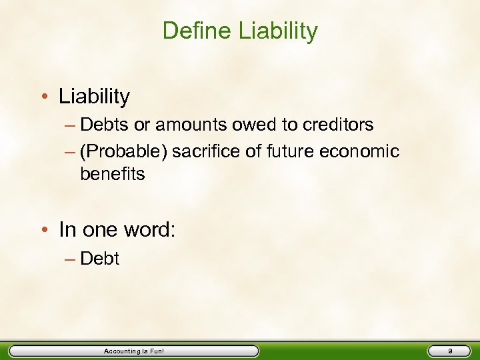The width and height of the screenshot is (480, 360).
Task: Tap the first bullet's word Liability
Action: pyautogui.click(x=94, y=97)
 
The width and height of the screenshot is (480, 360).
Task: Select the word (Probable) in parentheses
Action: pyautogui.click(x=123, y=152)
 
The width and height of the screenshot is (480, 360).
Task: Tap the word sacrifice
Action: pyautogui.click(x=203, y=152)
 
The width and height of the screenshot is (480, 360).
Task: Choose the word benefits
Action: pyautogui.click(x=112, y=174)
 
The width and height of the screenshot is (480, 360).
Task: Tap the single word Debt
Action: pyautogui.click(x=99, y=259)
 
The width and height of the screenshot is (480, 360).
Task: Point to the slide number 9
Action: pyautogui.click(x=450, y=351)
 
